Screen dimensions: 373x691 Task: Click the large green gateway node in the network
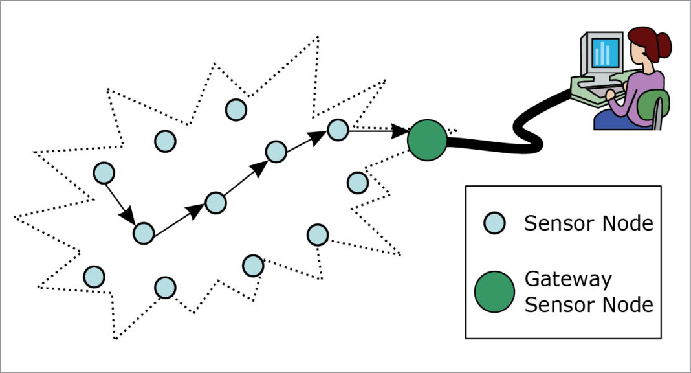(427, 139)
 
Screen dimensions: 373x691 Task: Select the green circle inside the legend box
(494, 291)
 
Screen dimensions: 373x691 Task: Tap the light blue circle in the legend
(494, 223)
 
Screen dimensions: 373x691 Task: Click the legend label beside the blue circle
(588, 223)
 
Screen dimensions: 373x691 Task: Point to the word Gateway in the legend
(567, 280)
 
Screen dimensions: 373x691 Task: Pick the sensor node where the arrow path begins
(104, 173)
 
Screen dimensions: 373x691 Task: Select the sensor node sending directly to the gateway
(337, 130)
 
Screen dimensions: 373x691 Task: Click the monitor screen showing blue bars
(606, 53)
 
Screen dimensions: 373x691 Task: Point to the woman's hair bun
(663, 44)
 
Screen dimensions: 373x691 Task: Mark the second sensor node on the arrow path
(143, 232)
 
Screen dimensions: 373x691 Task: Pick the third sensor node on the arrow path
(215, 203)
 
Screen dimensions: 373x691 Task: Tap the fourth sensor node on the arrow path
(276, 152)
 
